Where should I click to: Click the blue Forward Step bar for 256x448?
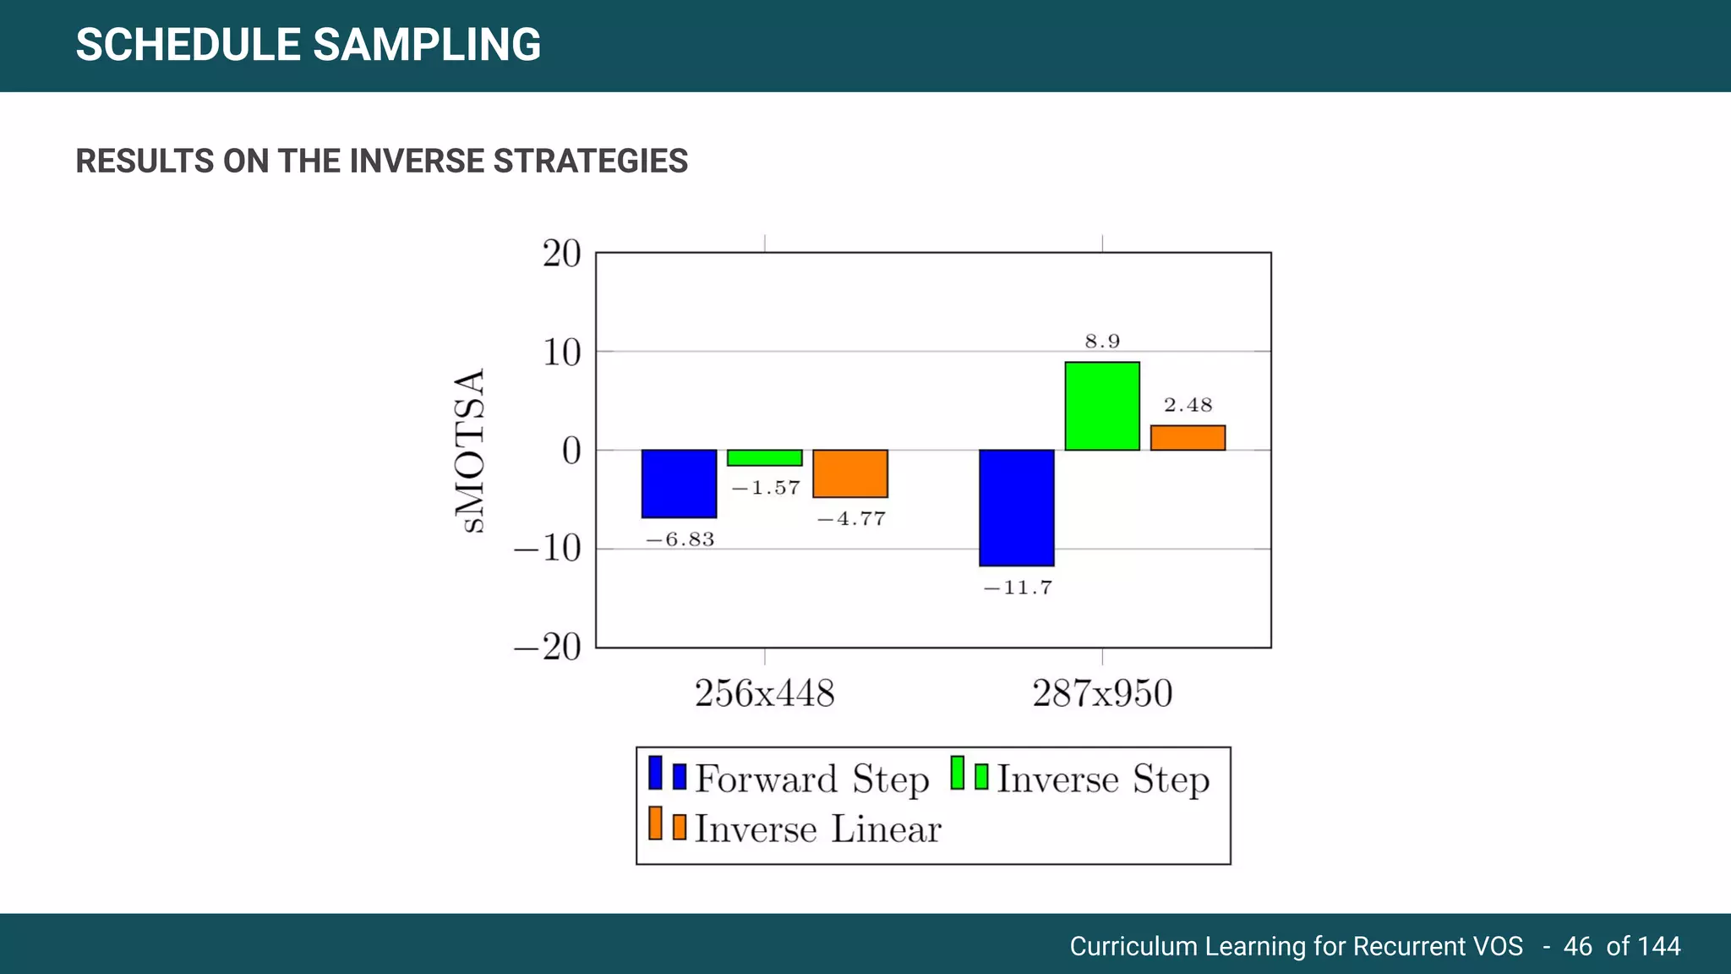(679, 484)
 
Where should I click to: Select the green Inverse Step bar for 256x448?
(764, 457)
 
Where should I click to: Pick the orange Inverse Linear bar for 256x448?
(849, 473)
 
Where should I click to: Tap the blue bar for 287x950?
(1016, 507)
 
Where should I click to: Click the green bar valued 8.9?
(1101, 406)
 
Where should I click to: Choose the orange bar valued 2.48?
(1187, 438)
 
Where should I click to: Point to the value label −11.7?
(1018, 588)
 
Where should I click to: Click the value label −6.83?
(680, 539)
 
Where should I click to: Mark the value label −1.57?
(765, 488)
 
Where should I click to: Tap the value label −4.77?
(851, 519)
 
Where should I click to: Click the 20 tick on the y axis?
(561, 254)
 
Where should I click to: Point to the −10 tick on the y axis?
(548, 549)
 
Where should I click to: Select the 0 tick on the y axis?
(571, 451)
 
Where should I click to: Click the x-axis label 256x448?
(764, 693)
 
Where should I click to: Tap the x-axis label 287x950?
(1101, 693)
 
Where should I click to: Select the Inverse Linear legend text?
(817, 829)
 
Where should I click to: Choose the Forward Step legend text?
(811, 779)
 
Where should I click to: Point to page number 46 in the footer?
(1577, 945)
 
